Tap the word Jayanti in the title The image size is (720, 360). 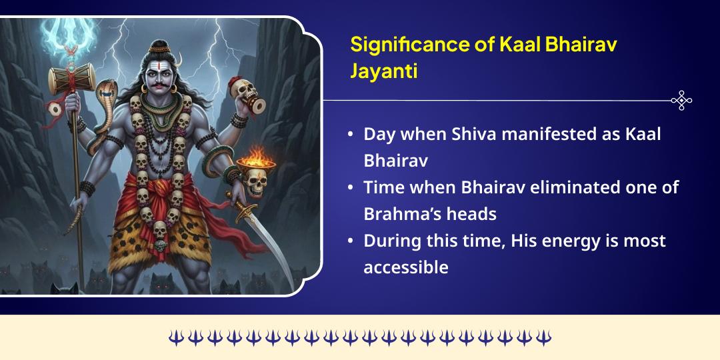point(384,71)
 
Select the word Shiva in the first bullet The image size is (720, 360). point(470,133)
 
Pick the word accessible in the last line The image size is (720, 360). point(405,267)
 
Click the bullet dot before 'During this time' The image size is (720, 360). point(351,241)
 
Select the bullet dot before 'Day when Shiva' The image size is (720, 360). point(351,134)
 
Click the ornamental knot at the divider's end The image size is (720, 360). point(681,101)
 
